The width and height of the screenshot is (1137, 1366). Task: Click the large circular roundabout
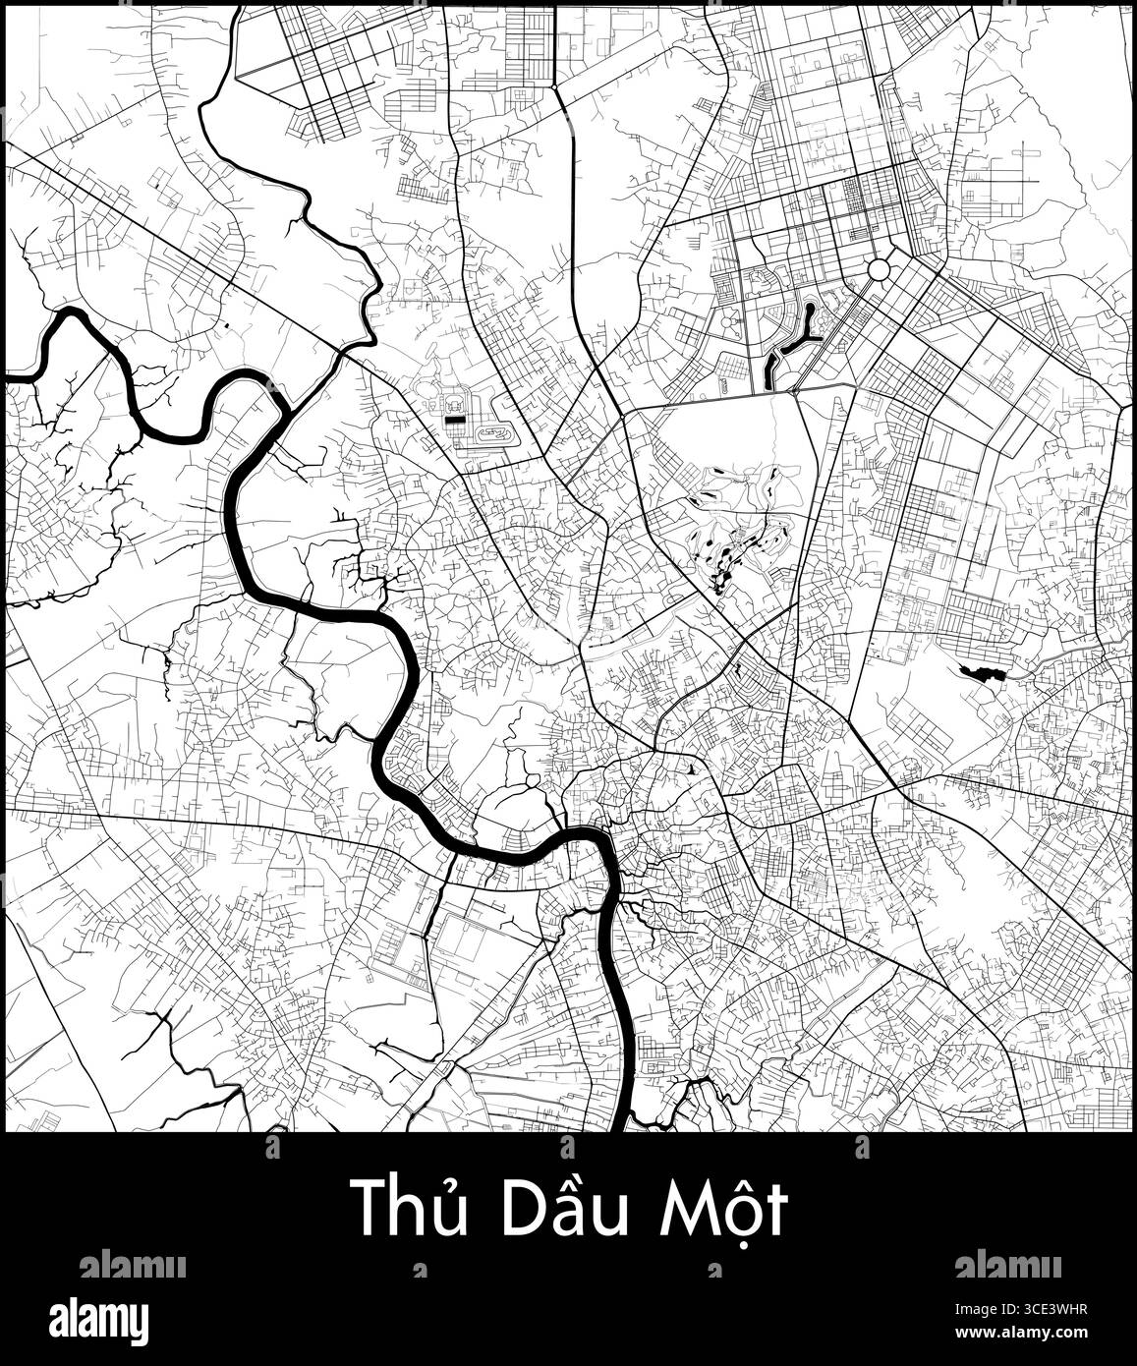pos(879,269)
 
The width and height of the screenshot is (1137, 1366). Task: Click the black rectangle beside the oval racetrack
pos(454,419)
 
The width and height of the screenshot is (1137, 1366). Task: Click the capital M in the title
pos(684,1209)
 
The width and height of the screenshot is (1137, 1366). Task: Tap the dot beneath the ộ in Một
pos(744,1241)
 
